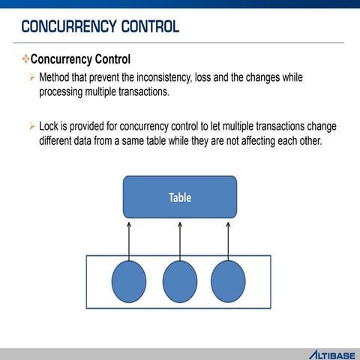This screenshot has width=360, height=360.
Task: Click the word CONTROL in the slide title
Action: click(x=148, y=27)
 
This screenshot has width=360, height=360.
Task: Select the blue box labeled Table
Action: click(x=180, y=197)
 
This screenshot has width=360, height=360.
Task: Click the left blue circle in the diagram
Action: click(x=128, y=282)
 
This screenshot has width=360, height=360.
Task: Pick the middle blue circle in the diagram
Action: click(x=180, y=282)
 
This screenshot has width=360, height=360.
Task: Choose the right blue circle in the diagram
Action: click(x=228, y=282)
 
